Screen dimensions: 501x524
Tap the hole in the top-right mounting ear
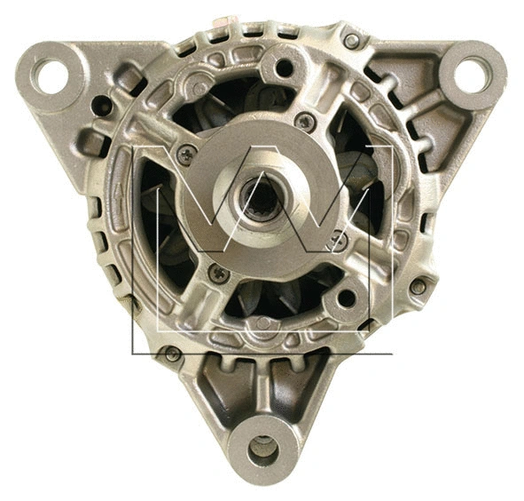[473, 73]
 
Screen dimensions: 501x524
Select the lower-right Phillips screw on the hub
[334, 237]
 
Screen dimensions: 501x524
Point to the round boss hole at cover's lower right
[348, 297]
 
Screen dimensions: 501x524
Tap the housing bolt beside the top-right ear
[352, 41]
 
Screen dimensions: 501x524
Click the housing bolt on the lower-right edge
[417, 286]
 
